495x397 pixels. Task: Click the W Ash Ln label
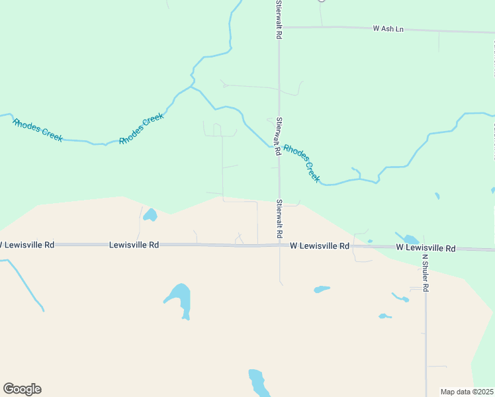tap(388, 29)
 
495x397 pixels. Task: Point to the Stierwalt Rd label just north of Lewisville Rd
tap(279, 219)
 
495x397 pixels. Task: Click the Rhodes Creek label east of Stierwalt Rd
tap(302, 163)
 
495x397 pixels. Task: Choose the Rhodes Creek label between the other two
tap(142, 129)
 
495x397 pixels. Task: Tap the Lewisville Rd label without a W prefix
tap(134, 245)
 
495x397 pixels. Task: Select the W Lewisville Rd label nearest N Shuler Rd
tap(426, 248)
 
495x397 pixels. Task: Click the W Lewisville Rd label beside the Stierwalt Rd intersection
tap(319, 245)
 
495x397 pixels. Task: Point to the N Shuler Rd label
tap(426, 273)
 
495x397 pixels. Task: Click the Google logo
tap(22, 389)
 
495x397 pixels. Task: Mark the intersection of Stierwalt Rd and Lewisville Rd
tap(279, 245)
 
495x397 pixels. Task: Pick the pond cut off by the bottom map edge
tap(257, 383)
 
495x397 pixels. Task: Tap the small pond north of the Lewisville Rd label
tap(150, 215)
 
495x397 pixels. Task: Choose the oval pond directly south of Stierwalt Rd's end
tap(322, 289)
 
